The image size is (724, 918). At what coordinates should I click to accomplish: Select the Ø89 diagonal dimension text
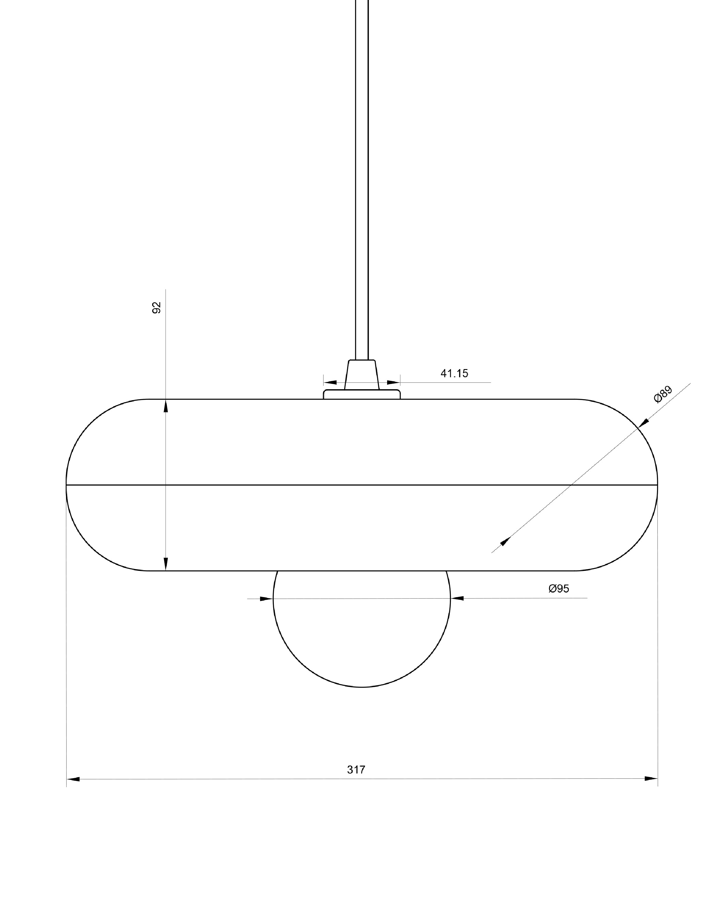(x=663, y=394)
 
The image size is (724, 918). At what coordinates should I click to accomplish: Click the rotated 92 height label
(x=156, y=307)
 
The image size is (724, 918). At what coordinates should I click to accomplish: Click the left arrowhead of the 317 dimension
(x=73, y=779)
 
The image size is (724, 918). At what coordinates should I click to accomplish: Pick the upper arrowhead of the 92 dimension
(x=166, y=406)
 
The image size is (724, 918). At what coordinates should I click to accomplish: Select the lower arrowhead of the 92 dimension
(x=166, y=564)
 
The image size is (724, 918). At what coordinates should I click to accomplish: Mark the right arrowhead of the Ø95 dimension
(x=457, y=598)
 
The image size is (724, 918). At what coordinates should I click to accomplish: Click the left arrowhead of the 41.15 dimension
(x=330, y=382)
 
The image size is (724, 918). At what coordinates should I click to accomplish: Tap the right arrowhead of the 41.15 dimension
(x=393, y=382)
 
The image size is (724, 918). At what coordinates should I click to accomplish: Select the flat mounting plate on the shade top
(x=362, y=394)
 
